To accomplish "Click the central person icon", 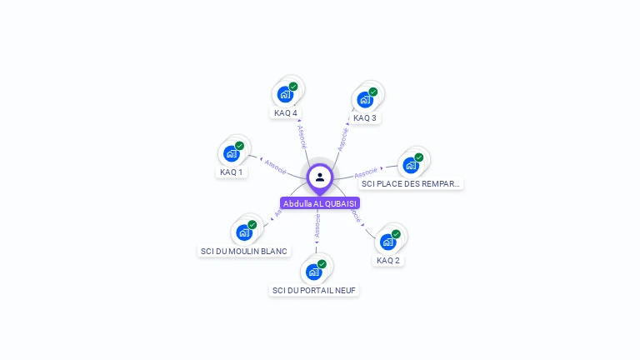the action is coord(320,177).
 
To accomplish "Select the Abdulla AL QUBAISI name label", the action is coord(320,203).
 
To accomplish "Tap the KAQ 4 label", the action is coord(286,112).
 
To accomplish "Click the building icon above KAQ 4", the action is coord(285,94).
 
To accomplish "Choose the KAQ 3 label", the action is coord(365,117).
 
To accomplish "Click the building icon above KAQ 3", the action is coord(365,100).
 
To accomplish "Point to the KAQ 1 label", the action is coord(231,172).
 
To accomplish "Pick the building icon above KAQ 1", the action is coord(231,154).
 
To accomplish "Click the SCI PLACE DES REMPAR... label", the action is coord(411,183).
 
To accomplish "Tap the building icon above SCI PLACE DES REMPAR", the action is coord(410,165).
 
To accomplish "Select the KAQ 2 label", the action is coord(388,260).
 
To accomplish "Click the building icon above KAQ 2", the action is coord(387,242).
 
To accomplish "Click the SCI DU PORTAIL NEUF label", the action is coord(314,290).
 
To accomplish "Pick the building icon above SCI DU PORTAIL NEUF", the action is coord(313,272).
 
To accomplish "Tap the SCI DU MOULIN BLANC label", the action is coord(244,251).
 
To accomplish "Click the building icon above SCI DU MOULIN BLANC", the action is coord(243,232).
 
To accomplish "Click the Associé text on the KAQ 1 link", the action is coord(276,166).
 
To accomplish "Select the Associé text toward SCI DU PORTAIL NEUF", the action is coord(317,225).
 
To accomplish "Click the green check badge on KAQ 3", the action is coord(373,92).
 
